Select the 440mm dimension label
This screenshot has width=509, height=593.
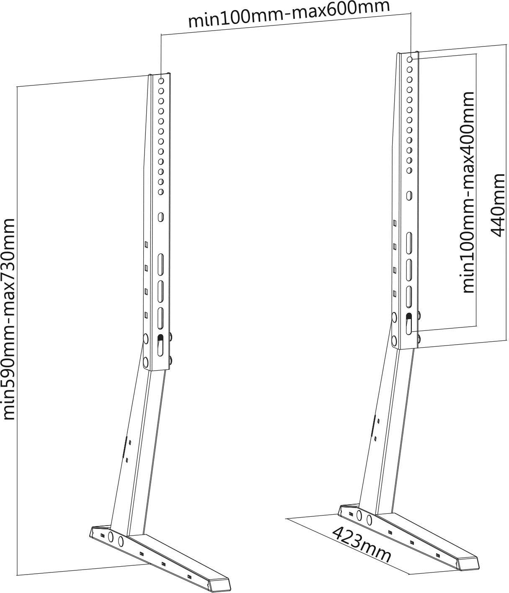pos(498,205)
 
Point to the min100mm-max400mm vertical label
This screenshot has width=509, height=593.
pos(468,192)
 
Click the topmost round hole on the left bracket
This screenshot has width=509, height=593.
pos(161,80)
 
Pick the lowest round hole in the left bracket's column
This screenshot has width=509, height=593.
pos(160,192)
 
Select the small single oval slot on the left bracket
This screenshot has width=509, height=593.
pos(160,217)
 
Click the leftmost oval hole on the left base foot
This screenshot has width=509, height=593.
pos(111,536)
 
